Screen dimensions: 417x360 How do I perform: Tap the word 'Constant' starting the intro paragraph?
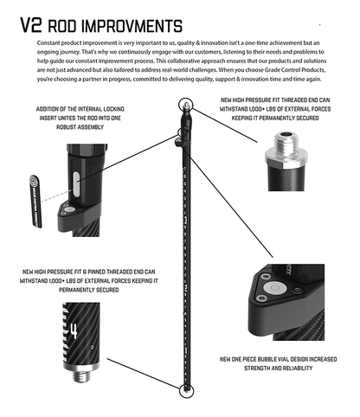click(x=51, y=42)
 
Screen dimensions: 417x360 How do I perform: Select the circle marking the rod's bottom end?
click(x=184, y=390)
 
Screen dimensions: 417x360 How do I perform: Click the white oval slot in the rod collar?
click(x=75, y=183)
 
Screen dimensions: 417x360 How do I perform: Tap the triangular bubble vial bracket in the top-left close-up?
click(x=69, y=210)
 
